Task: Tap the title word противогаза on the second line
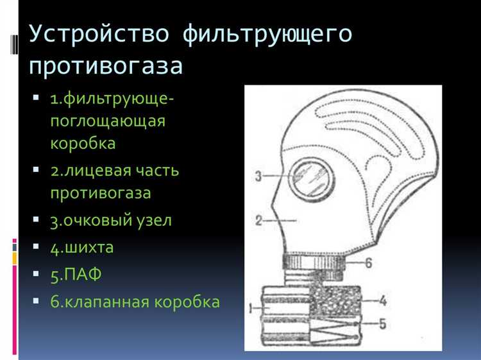click(106, 66)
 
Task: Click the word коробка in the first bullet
click(83, 142)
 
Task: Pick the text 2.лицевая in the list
click(89, 171)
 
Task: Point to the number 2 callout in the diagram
click(257, 221)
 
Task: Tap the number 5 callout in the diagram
click(382, 324)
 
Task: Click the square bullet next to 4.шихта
click(36, 247)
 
